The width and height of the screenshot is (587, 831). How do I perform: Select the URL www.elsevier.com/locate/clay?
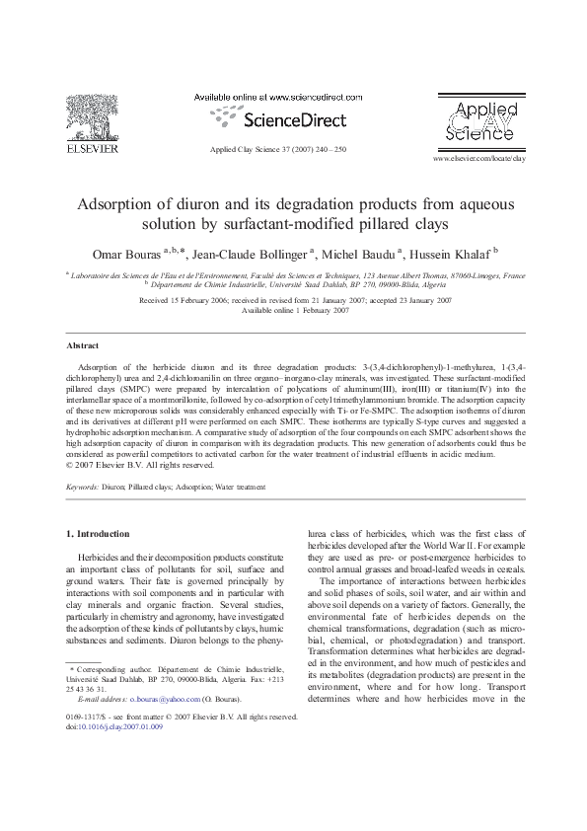478,158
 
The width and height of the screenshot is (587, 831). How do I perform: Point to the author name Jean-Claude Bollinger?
257,255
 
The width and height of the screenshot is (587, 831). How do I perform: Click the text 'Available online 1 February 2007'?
295,310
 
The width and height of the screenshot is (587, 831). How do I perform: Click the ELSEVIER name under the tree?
91,149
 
